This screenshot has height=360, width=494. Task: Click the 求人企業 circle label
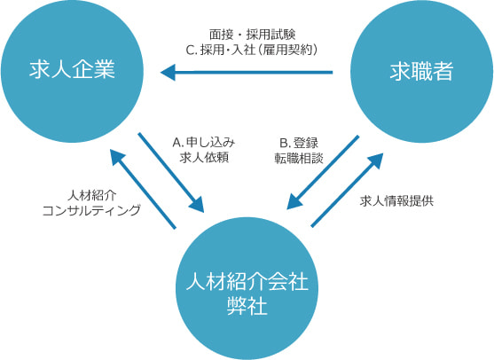(72, 69)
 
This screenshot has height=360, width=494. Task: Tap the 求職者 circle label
(421, 71)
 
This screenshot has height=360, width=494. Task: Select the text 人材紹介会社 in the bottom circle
(247, 281)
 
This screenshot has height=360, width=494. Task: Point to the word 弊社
(247, 306)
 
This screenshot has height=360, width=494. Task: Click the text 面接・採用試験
(252, 35)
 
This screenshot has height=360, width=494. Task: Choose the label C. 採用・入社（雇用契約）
(252, 50)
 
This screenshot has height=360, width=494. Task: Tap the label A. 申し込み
(204, 143)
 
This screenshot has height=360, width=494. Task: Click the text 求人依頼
(204, 157)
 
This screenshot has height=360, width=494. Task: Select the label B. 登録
(299, 143)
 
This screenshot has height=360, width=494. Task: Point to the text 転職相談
(299, 158)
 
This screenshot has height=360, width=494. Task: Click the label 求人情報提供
(396, 200)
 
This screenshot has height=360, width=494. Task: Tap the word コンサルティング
(91, 210)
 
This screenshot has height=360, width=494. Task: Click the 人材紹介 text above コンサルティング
(92, 195)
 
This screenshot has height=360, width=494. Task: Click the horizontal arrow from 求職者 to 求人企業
(247, 73)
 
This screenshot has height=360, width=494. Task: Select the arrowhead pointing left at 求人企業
(168, 73)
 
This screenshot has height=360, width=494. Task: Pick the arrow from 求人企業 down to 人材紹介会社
(171, 173)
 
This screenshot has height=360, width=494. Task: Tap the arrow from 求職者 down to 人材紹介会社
(323, 173)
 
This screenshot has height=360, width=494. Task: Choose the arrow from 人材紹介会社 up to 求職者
(347, 190)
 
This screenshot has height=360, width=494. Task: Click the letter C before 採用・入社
(190, 50)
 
